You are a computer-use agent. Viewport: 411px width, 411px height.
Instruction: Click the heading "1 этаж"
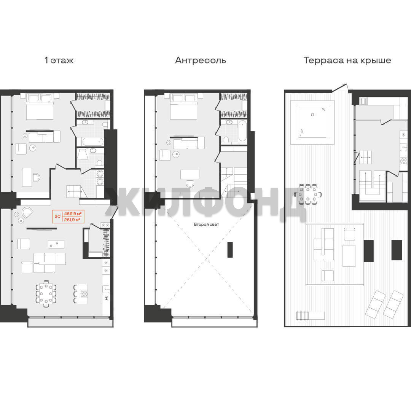[x=59, y=60]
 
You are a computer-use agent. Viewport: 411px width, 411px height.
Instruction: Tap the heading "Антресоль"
[x=201, y=60]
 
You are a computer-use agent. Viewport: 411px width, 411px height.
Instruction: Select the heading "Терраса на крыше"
[x=347, y=60]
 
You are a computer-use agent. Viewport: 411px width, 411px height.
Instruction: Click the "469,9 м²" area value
[x=73, y=213]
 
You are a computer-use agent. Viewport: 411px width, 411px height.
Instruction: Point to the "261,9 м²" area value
[x=72, y=220]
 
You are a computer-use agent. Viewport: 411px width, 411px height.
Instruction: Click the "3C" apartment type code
[x=57, y=217]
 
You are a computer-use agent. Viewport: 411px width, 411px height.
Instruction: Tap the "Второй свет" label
[x=206, y=225]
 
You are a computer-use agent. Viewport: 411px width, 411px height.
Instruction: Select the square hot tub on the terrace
[x=312, y=122]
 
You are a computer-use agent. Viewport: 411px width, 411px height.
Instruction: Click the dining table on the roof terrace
[x=308, y=194]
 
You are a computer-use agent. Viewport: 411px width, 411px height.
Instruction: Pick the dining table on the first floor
[x=46, y=293]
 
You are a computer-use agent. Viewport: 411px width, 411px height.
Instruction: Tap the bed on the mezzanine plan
[x=183, y=106]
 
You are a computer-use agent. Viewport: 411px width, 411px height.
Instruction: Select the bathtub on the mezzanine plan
[x=242, y=131]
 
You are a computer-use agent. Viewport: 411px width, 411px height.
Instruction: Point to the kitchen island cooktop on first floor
[x=84, y=294]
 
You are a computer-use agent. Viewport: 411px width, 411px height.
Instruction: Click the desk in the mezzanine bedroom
[x=190, y=174]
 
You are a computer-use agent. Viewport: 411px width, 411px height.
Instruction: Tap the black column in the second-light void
[x=230, y=250]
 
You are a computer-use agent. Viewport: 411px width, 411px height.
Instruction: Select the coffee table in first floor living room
[x=56, y=244]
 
